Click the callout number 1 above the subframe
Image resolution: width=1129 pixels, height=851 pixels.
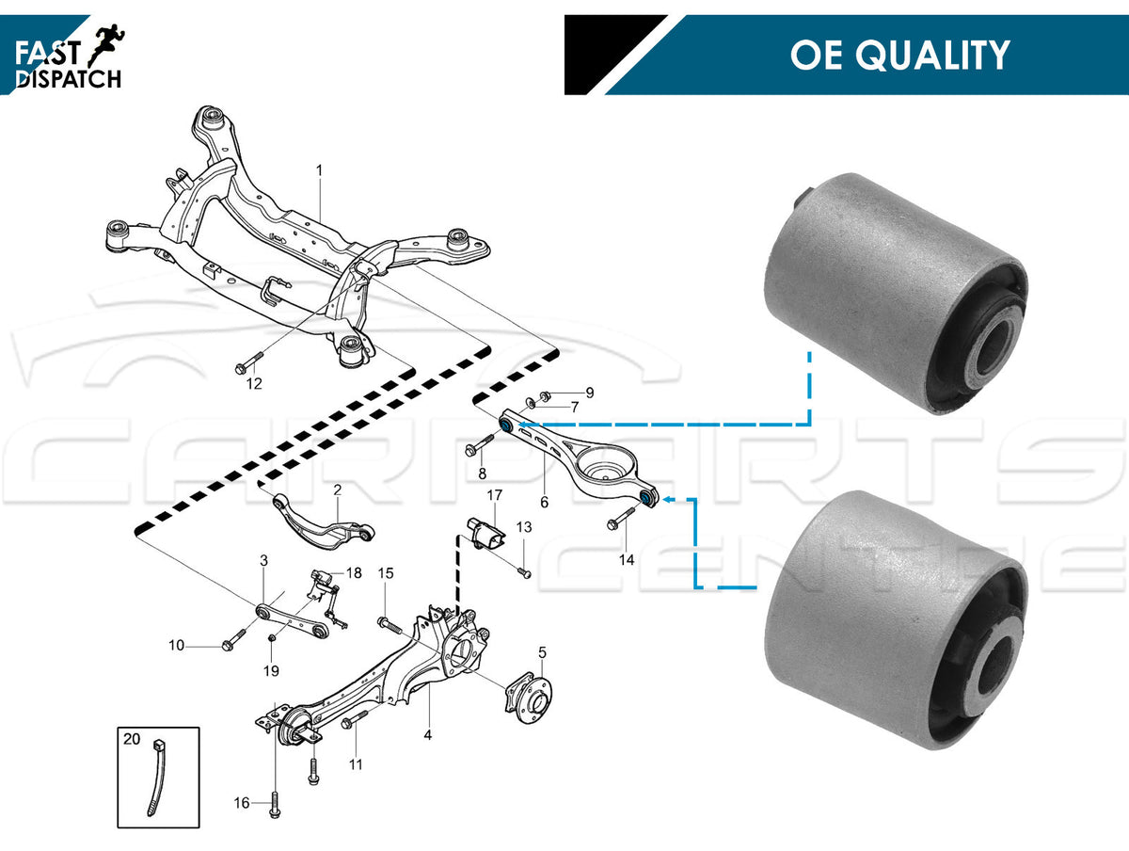coord(319,170)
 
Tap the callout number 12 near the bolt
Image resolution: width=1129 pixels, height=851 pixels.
coord(254,384)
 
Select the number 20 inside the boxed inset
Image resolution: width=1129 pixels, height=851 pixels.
coord(132,739)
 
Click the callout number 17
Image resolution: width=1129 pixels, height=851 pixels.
coord(495,496)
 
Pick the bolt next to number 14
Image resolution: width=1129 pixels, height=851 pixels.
coord(622,518)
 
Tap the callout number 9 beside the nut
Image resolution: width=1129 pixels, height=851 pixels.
coord(590,392)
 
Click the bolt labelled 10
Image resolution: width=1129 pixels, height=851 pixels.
coord(231,645)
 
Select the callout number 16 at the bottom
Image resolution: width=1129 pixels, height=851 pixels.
coord(242,803)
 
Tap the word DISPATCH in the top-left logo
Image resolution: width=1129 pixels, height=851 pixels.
coord(70,80)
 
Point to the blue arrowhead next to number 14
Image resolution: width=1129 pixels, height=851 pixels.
coord(660,500)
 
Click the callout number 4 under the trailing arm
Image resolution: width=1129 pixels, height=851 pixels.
coord(428,734)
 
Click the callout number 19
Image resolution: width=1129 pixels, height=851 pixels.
coord(271,671)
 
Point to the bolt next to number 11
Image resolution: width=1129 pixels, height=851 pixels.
coord(349,723)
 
